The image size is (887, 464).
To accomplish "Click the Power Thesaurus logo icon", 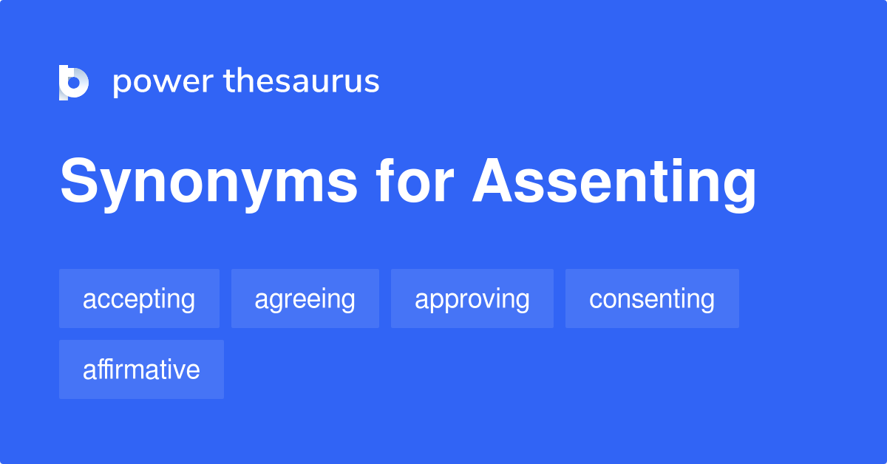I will (x=74, y=82).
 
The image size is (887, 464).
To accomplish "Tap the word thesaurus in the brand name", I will (x=302, y=81).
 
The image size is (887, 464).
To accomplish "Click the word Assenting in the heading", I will (x=614, y=182).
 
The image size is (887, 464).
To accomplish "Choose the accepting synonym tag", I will (x=139, y=299).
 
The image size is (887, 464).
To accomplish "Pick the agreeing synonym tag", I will (x=305, y=299).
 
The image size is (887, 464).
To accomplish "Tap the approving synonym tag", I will (x=472, y=299).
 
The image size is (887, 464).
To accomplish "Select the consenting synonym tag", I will (x=651, y=299).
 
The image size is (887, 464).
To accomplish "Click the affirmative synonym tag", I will (x=141, y=369).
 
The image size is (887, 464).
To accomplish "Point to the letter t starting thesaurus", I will (x=228, y=81).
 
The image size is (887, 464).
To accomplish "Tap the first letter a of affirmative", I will (x=89, y=371).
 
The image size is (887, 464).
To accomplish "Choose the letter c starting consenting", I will (x=596, y=301).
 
